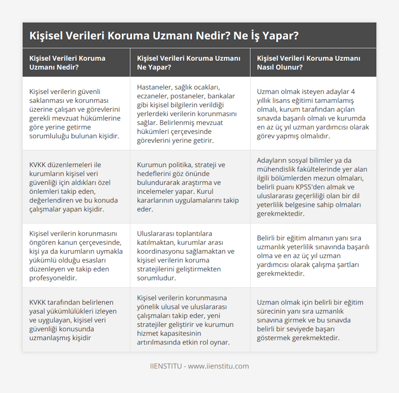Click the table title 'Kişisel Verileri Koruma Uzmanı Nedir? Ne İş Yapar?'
164,36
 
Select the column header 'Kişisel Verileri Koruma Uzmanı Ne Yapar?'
189,63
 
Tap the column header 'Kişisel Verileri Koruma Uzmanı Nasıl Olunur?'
308,63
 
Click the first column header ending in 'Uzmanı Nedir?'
67,63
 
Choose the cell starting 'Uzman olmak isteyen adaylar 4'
313,113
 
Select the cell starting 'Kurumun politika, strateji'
188,187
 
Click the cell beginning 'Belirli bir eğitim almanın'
313,256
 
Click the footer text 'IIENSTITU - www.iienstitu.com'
199,366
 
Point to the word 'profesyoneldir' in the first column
53,278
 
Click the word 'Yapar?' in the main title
283,36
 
